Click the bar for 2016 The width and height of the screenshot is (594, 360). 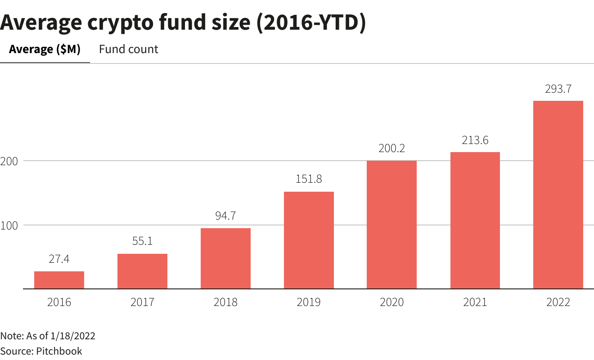[59, 280]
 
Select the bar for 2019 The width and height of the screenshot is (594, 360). [309, 240]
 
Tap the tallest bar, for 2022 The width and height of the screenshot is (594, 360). [558, 194]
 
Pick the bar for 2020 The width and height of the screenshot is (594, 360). [391, 225]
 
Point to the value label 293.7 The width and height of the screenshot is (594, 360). [558, 89]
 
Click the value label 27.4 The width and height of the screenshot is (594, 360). [59, 259]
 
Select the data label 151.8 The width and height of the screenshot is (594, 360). [309, 179]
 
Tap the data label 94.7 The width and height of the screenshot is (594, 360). [225, 216]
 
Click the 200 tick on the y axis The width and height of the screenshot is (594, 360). [8, 161]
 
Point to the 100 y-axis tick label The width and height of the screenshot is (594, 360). [8, 225]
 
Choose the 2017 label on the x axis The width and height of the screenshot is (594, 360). [142, 302]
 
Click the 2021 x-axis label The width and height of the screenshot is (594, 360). [475, 302]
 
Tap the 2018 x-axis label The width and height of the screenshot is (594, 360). [225, 302]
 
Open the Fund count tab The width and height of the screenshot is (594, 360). [129, 49]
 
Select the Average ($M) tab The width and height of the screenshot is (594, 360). [45, 49]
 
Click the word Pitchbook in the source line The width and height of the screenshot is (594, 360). [58, 351]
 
